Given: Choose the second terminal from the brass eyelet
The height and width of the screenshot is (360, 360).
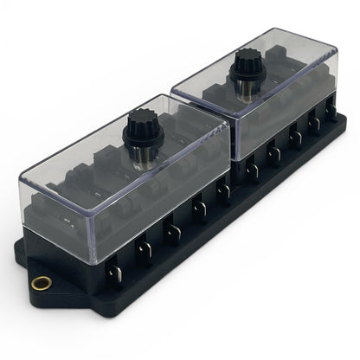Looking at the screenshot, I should point(145,251).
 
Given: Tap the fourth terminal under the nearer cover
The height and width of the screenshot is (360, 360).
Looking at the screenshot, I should point(201,208).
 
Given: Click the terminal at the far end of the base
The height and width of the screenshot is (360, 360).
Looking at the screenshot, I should point(331,110).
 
